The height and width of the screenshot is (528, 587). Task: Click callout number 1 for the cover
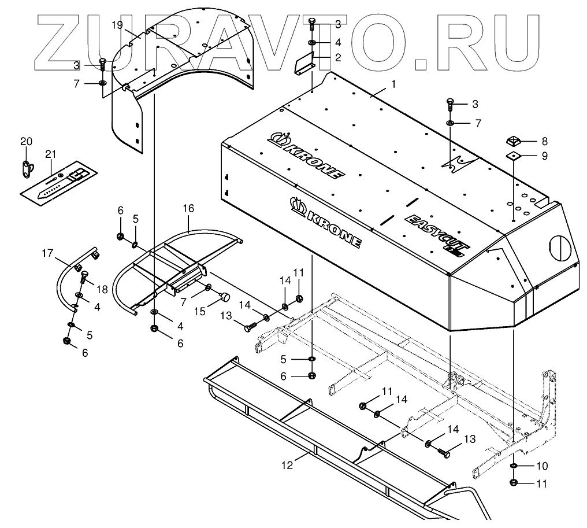click(x=393, y=84)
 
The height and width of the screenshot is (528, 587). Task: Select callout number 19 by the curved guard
click(x=117, y=25)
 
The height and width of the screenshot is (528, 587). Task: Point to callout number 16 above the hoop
click(x=189, y=208)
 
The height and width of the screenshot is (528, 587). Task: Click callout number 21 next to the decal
click(x=51, y=154)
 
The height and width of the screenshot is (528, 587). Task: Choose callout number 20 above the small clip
click(x=27, y=142)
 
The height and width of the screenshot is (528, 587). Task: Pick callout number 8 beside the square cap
click(x=544, y=141)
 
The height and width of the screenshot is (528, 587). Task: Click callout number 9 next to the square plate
click(x=544, y=156)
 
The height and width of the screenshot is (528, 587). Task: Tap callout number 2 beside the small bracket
click(x=338, y=57)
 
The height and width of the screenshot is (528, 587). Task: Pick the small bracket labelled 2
click(x=304, y=62)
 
